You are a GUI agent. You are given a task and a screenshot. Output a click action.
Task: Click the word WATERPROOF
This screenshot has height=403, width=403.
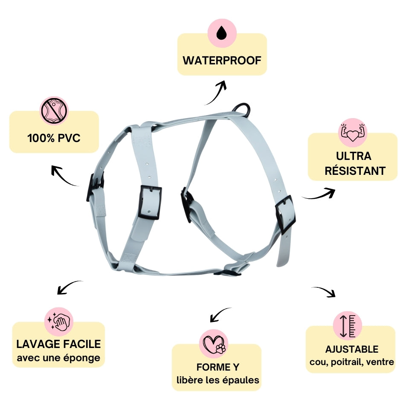point(222,60)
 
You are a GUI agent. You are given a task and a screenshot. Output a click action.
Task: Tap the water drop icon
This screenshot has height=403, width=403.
point(221,33)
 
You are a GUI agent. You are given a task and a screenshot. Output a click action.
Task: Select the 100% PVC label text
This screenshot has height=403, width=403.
point(54,138)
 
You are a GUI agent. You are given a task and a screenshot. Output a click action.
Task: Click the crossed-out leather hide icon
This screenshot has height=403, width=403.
point(54,111)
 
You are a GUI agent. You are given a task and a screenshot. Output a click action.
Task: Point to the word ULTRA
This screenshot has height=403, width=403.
point(353,156)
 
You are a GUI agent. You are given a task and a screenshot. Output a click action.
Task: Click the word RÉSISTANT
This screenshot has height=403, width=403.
point(355,171)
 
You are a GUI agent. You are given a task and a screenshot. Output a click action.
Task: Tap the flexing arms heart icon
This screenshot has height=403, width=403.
point(353,133)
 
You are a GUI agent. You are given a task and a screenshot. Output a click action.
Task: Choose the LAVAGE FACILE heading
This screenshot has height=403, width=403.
point(58,344)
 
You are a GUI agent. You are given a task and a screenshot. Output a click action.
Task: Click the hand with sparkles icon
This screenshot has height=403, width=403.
point(59,321)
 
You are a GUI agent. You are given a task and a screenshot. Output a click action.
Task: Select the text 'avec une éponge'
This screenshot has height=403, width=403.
point(58,358)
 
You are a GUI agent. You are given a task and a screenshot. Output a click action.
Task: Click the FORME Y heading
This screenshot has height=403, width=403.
point(217,367)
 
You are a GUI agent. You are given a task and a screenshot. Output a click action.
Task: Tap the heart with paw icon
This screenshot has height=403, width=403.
point(214,344)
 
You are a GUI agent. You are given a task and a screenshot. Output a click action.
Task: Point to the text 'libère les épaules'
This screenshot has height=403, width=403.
point(217,380)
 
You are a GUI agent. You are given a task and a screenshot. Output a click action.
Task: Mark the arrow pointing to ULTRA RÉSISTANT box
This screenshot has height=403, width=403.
point(319,194)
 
